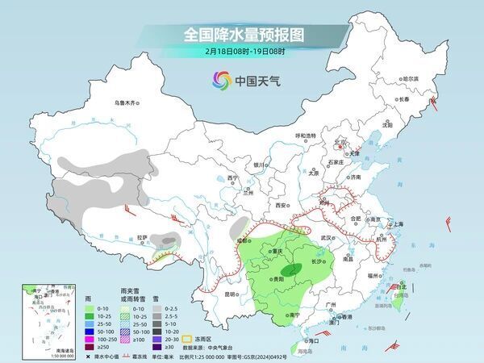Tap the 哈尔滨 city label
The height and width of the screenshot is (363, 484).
(411, 78)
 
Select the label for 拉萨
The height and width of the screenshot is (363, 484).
(142, 237)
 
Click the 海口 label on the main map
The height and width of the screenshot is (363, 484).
(315, 341)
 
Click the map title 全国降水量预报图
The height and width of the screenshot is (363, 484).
(241, 35)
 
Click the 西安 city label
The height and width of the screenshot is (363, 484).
(281, 206)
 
